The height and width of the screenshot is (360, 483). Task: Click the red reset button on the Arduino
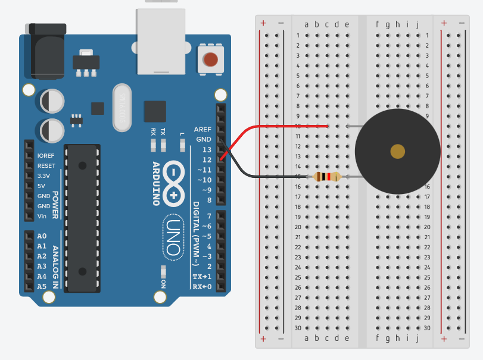pos(210,60)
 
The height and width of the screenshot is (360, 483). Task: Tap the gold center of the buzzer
pos(397,151)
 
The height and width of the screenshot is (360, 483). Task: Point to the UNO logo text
pos(173,236)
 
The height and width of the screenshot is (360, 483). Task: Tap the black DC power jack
pos(45,51)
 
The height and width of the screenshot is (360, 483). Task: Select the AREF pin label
pos(202,129)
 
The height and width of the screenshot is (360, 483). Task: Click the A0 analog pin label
pos(42,236)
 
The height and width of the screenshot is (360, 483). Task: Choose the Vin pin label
pos(42,216)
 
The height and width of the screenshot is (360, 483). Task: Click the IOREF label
pos(46,156)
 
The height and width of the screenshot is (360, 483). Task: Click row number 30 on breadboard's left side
pos(298,328)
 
